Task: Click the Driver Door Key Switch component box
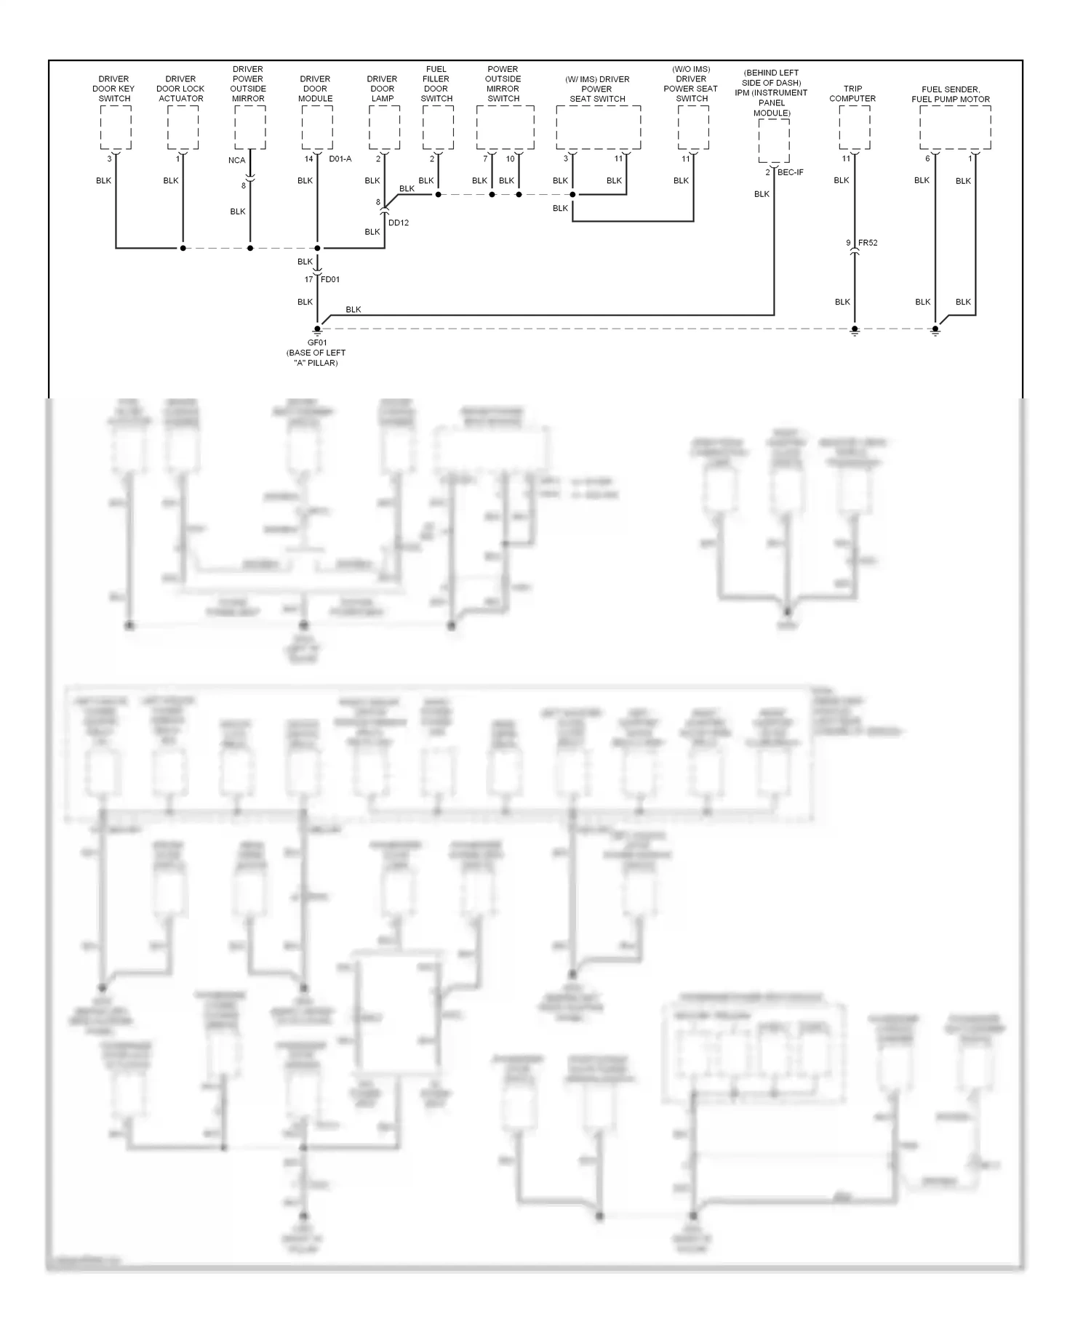tap(116, 128)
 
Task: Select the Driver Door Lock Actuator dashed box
tap(183, 128)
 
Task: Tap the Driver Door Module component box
tap(317, 128)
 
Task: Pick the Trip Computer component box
tap(854, 128)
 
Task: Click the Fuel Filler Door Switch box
tap(438, 128)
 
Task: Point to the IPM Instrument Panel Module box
tap(774, 141)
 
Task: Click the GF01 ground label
tap(317, 342)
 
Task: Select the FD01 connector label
tap(330, 279)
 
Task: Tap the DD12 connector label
tap(399, 222)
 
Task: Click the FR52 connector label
tap(868, 243)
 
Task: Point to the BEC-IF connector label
tap(790, 172)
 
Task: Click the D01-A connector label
tap(340, 158)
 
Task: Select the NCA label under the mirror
tap(236, 160)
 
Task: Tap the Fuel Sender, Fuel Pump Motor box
tap(955, 128)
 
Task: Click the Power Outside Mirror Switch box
tap(505, 128)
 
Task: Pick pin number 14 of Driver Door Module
tap(308, 158)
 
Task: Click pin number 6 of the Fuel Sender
tap(927, 158)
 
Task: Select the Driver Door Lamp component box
tap(384, 128)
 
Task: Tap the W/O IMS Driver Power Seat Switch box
tap(693, 128)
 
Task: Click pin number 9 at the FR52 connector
tap(848, 243)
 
